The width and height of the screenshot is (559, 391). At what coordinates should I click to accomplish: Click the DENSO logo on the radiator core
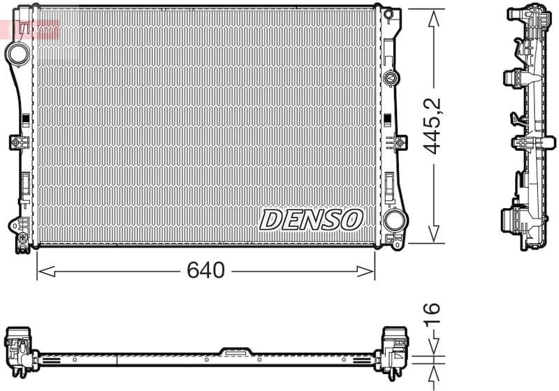311,219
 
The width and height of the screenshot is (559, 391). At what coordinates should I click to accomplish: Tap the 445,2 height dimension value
434,126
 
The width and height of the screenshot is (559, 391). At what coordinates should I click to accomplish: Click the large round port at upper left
16,52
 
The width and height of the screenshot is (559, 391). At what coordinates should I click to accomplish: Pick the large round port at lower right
394,220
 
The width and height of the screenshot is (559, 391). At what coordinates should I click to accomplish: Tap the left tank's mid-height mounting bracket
17,142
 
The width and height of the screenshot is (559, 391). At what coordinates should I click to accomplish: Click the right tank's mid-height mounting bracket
400,142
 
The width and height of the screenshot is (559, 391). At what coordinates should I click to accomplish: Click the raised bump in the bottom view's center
236,351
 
